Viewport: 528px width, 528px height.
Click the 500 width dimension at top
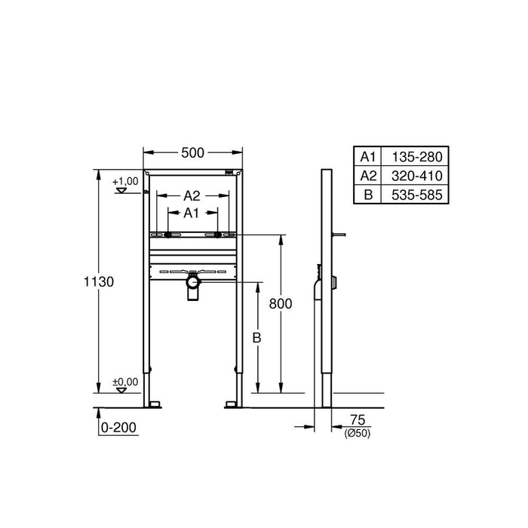pos(193,152)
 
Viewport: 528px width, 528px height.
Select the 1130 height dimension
pos(98,281)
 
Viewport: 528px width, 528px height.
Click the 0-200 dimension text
pos(120,428)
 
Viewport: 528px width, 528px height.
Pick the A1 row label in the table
pos(367,157)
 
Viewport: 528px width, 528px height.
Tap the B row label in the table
pos(367,195)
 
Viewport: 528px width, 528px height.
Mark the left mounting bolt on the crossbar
pos(167,235)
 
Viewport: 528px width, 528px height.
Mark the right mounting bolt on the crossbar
pos(219,235)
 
